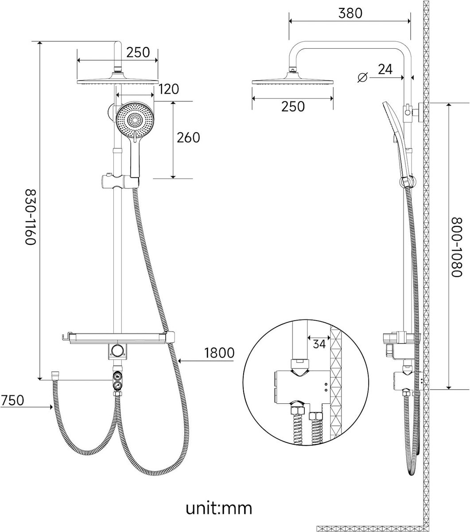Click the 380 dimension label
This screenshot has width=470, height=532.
pos(350,13)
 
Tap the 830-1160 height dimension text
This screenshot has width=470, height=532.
pos(30,217)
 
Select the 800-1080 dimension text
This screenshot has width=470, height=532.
pos(456,247)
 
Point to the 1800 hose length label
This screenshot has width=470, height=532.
pos(219,353)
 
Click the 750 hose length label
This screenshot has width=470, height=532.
pos(12,400)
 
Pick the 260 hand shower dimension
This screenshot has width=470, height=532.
pos(188,137)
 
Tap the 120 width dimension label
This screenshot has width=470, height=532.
pos(169,89)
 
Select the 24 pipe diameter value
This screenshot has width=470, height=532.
pos(385,69)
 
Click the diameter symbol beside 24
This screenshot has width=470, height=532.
pos(363,77)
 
